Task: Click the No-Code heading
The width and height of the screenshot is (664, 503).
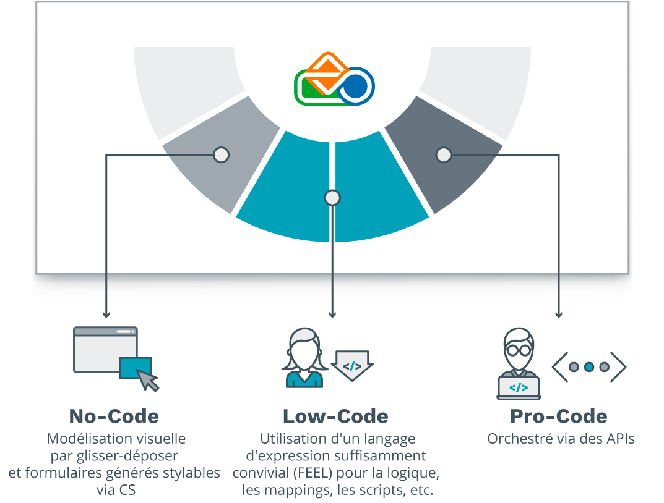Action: [x=114, y=416]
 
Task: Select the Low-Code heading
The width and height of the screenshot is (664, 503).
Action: [x=335, y=416]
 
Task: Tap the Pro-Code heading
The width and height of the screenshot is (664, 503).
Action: [x=558, y=416]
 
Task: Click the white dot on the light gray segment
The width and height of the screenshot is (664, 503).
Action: [x=221, y=154]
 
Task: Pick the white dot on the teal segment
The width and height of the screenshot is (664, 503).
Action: [x=332, y=197]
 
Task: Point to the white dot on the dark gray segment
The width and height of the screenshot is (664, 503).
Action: [x=443, y=154]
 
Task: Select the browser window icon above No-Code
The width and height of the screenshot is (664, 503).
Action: [x=105, y=349]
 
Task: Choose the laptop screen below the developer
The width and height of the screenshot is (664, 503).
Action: [x=519, y=387]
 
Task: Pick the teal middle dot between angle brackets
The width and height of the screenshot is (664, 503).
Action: [x=589, y=367]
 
